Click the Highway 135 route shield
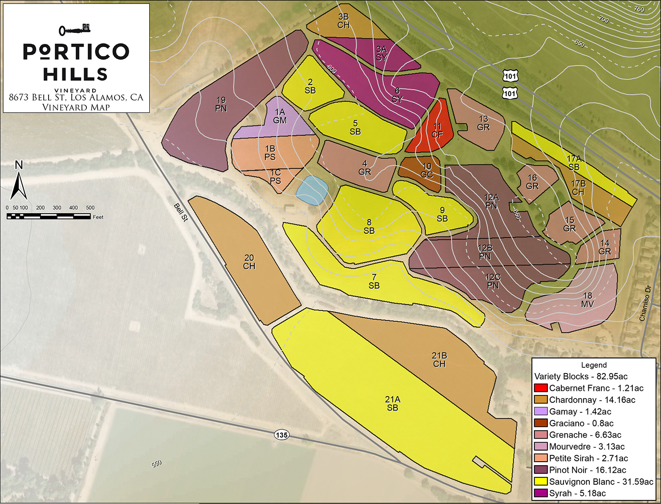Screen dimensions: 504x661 282,435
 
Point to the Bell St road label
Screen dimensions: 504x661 181,212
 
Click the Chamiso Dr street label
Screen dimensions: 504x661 645,303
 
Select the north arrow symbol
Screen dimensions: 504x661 19,183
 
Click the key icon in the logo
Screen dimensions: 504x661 74,30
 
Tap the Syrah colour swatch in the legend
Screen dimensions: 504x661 540,493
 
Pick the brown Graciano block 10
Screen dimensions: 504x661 421,171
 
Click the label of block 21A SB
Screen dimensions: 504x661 392,403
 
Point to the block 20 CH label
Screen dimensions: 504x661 249,262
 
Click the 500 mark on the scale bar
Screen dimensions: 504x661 90,207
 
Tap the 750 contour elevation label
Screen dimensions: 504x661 639,9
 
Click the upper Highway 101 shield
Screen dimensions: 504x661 510,77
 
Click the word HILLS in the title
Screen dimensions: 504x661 75,74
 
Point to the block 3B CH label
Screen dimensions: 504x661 343,21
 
